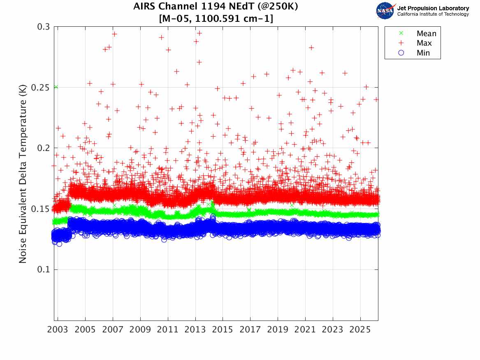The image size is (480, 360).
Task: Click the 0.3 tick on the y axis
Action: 43,27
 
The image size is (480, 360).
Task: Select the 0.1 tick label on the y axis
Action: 43,270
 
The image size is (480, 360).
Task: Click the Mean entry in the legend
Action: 426,34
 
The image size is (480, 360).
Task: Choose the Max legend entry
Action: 424,43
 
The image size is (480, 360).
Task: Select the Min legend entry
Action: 423,53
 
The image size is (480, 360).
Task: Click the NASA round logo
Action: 385,11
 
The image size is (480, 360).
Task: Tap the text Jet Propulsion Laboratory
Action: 433,8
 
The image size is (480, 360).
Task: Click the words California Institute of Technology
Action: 433,14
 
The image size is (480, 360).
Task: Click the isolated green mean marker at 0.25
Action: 56,87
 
